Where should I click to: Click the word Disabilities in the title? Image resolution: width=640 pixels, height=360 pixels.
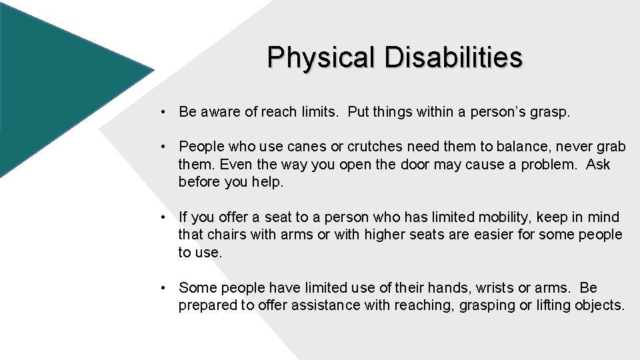click(x=453, y=58)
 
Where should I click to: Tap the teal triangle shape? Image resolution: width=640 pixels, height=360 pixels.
click(x=60, y=80)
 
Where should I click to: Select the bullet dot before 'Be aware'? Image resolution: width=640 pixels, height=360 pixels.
click(x=163, y=113)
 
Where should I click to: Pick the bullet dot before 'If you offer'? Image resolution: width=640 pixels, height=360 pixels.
click(x=163, y=217)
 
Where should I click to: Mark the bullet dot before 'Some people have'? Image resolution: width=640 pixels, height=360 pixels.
click(x=163, y=289)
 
